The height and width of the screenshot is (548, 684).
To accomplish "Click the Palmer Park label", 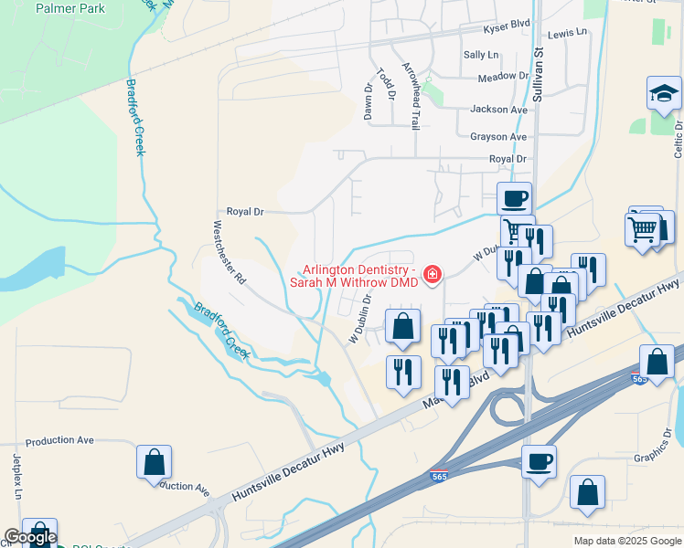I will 70,9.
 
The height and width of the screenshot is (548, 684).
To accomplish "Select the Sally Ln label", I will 481,55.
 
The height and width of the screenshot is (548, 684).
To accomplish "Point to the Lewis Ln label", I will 568,33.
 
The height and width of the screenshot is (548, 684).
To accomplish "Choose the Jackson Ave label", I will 499,110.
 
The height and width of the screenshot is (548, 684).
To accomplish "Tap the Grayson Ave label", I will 498,137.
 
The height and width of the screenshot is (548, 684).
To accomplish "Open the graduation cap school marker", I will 664,93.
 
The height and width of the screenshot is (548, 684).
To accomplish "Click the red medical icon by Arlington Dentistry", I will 430,274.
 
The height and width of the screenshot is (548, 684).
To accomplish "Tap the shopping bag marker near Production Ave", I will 155,462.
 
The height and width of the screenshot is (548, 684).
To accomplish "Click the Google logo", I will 30,538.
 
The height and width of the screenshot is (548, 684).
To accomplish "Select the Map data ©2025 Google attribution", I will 626,541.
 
